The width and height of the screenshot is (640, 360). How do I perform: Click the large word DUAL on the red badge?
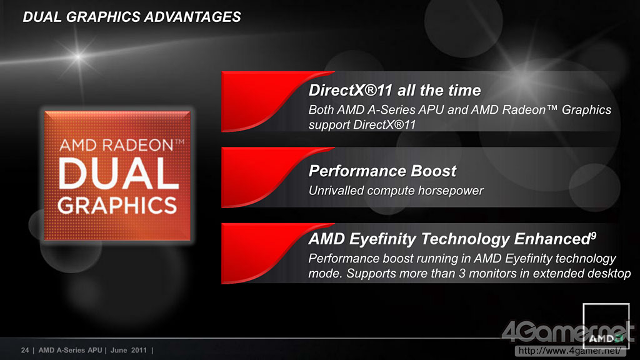click(x=119, y=174)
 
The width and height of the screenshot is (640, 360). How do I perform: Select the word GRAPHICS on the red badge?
click(x=117, y=205)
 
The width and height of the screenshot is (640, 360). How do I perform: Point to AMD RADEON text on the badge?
click(x=116, y=145)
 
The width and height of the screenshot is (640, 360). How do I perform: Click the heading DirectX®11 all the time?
click(x=395, y=90)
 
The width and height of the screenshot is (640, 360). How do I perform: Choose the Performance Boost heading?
click(x=382, y=171)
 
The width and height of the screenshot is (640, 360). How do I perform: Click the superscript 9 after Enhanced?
click(x=594, y=235)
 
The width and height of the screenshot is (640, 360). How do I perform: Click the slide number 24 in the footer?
click(x=25, y=350)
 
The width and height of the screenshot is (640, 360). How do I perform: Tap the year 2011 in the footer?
click(x=139, y=350)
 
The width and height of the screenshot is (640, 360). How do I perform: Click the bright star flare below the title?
click(x=78, y=56)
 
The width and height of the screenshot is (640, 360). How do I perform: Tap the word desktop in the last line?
click(x=609, y=274)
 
